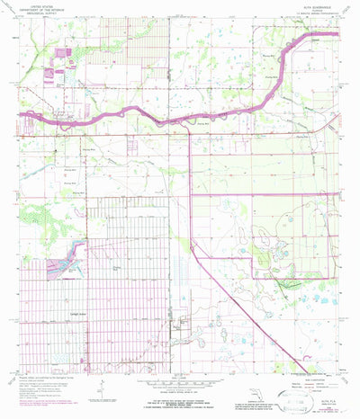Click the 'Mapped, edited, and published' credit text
[x=45, y=371]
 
